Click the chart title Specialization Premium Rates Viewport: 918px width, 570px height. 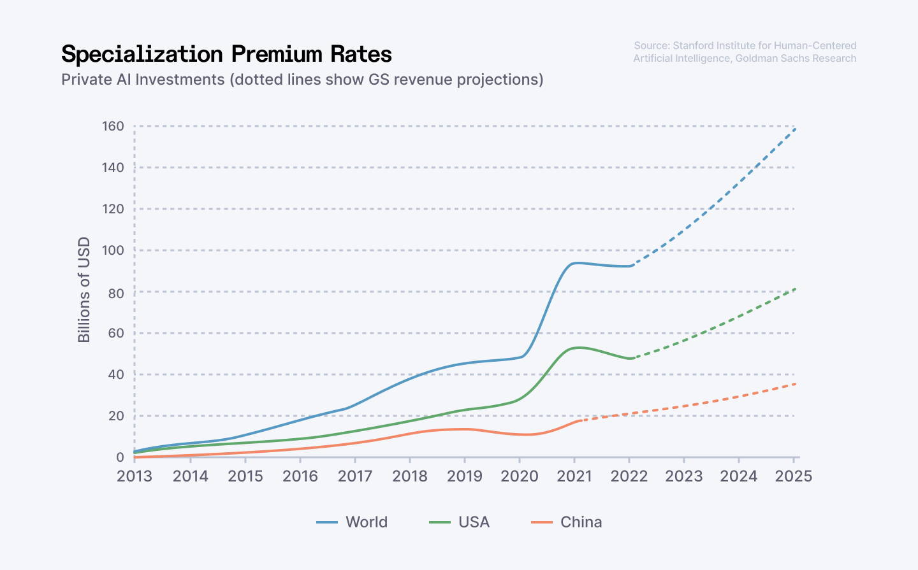[226, 54]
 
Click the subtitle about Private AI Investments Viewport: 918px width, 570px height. [302, 80]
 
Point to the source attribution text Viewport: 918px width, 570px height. [745, 52]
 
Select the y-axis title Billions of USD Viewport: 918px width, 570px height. [84, 290]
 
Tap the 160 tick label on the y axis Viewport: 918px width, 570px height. [113, 126]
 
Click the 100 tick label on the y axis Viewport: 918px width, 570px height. [113, 250]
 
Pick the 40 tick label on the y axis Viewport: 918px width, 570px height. [115, 374]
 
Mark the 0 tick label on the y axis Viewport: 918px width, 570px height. [120, 457]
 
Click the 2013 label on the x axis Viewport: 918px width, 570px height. [135, 476]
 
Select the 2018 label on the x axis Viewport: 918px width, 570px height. [409, 476]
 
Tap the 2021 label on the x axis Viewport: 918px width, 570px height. [574, 476]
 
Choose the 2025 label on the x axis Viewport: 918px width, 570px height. [794, 476]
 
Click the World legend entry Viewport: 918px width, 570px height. [353, 522]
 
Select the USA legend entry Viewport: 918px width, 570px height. [460, 522]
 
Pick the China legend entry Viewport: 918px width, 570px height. [567, 522]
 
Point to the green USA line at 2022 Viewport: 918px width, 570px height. [629, 359]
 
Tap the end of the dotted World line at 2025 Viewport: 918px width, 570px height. [794, 129]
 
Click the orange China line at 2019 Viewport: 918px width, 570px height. [465, 429]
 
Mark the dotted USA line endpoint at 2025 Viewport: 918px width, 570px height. [794, 289]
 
